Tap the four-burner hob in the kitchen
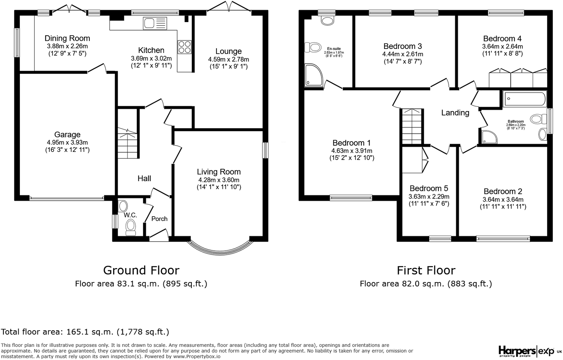(184, 47)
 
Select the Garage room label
(67, 135)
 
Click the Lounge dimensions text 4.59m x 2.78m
(228, 59)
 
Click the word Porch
(159, 219)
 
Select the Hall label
(144, 178)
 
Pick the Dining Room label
(67, 38)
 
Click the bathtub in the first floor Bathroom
(525, 99)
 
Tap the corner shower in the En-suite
(313, 75)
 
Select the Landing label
(455, 113)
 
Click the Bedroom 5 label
(429, 188)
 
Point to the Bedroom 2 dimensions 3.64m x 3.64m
(503, 199)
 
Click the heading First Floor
(426, 270)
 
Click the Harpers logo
(516, 350)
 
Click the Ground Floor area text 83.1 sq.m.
(141, 284)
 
